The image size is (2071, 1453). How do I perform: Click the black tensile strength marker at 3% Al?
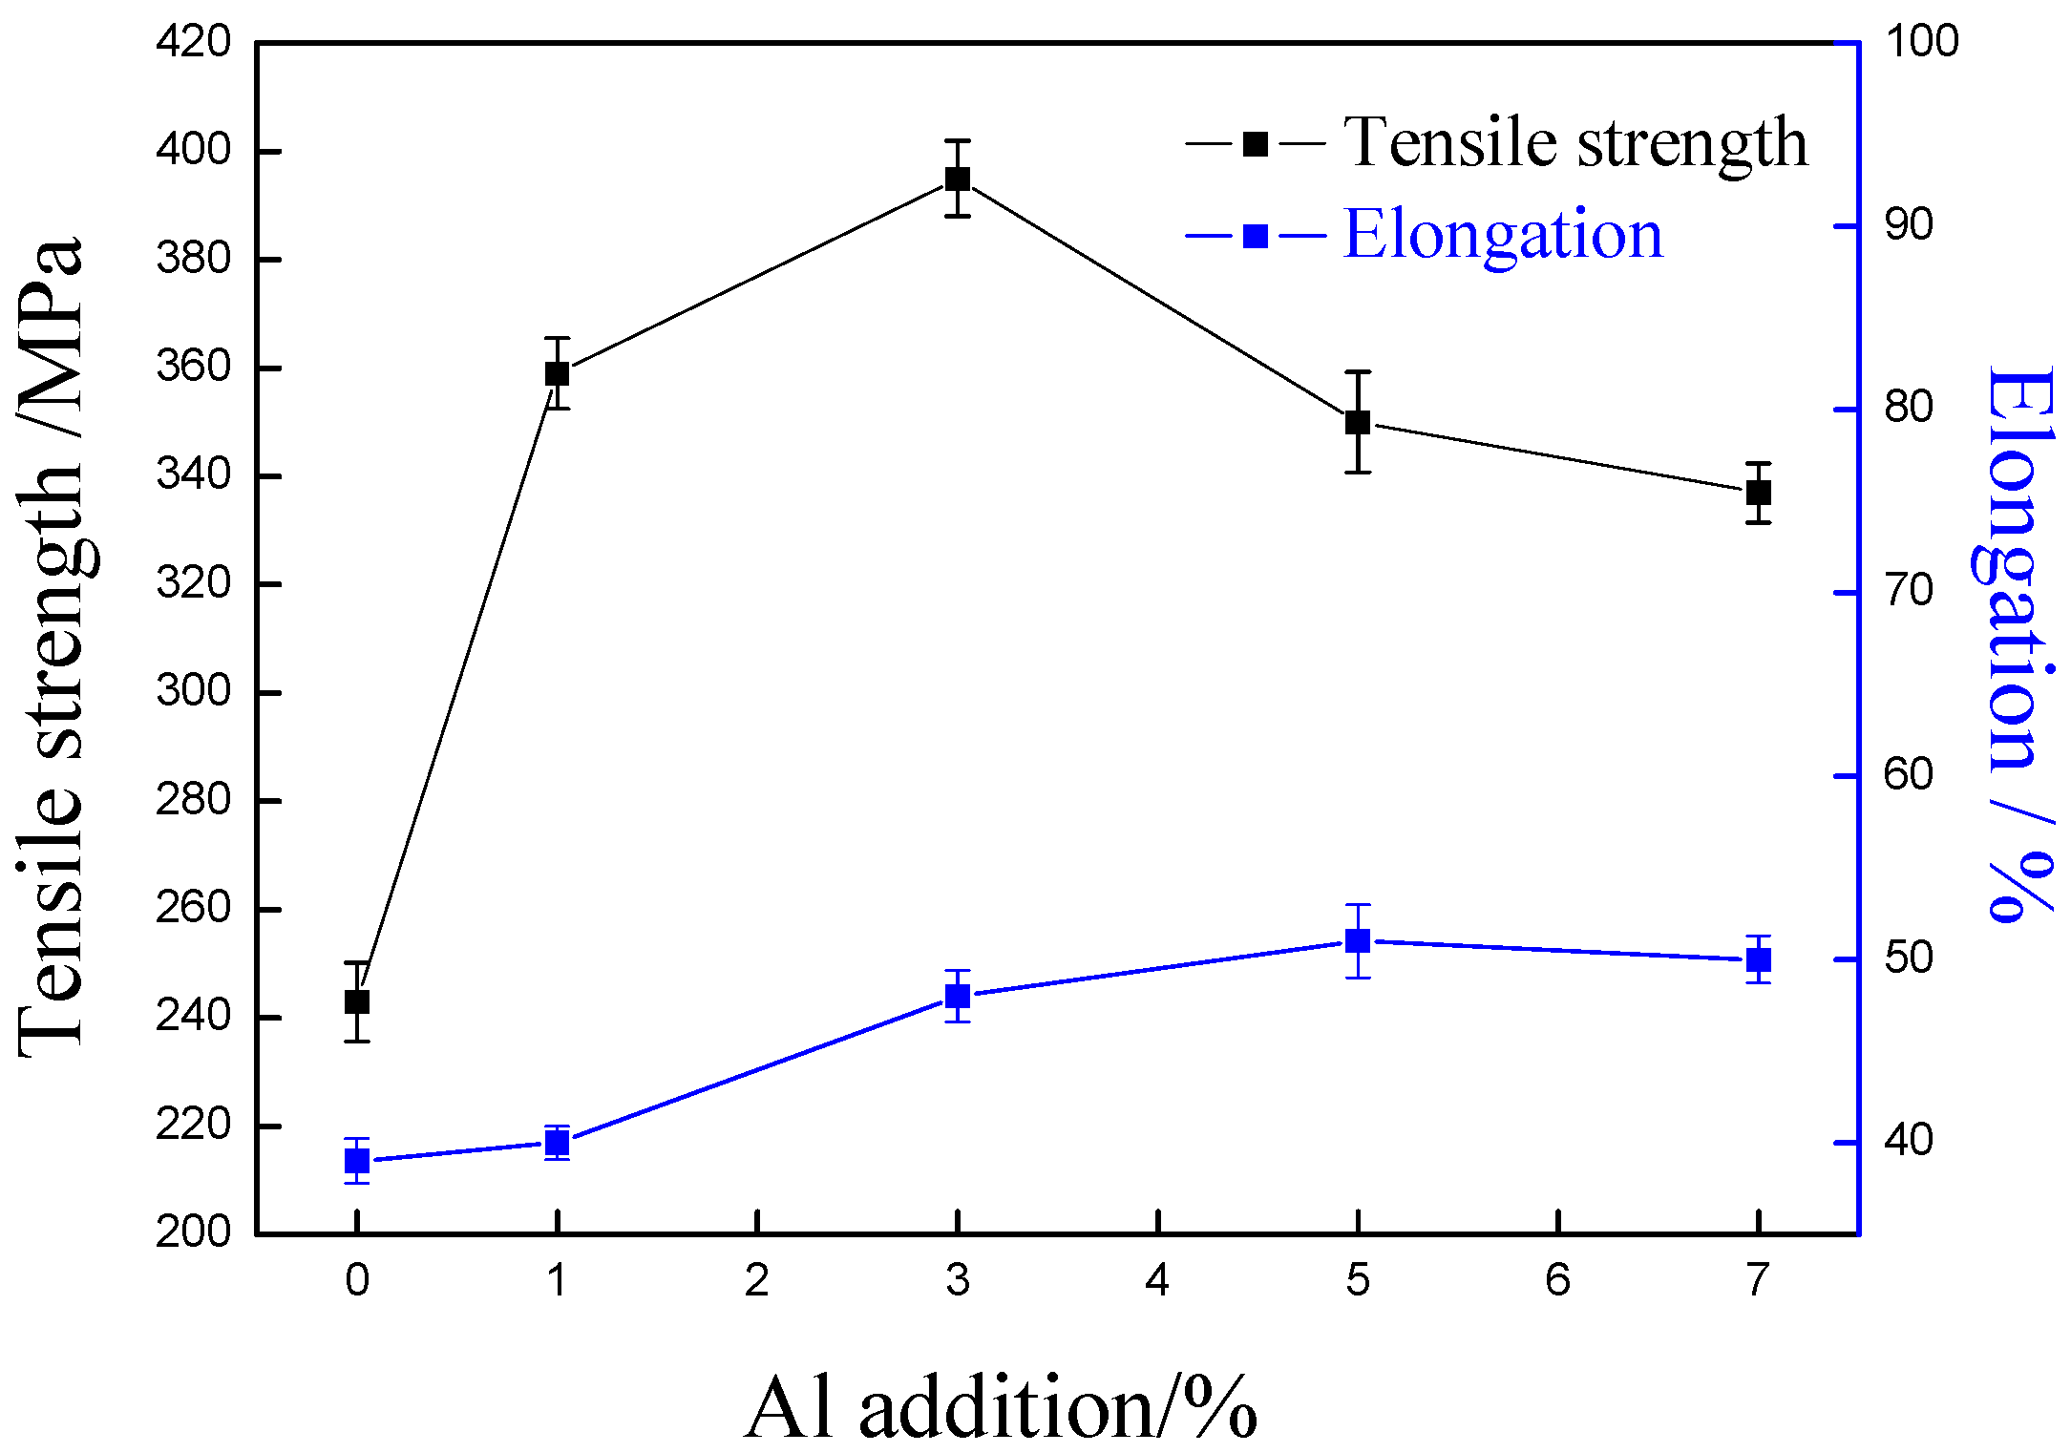pyautogui.click(x=958, y=179)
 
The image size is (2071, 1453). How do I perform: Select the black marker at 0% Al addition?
pyautogui.click(x=357, y=1001)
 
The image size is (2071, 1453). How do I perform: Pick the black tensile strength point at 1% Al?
pyautogui.click(x=558, y=373)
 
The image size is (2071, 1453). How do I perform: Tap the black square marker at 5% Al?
pyautogui.click(x=1358, y=422)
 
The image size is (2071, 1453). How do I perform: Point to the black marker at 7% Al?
pyautogui.click(x=1759, y=493)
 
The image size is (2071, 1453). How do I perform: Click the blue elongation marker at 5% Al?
pyautogui.click(x=1358, y=941)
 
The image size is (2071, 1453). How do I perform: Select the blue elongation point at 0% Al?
pyautogui.click(x=357, y=1161)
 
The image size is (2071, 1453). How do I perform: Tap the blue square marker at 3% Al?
pyautogui.click(x=958, y=996)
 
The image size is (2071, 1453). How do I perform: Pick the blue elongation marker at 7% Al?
pyautogui.click(x=1759, y=959)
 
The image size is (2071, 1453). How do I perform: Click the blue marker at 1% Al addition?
pyautogui.click(x=558, y=1142)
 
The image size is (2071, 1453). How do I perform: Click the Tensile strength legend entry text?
pyautogui.click(x=1575, y=143)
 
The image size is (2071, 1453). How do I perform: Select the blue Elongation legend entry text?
pyautogui.click(x=1503, y=235)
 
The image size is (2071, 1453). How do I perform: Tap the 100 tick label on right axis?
pyautogui.click(x=1921, y=41)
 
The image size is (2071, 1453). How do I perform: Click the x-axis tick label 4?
pyautogui.click(x=1157, y=1281)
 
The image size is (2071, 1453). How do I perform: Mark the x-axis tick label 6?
pyautogui.click(x=1557, y=1281)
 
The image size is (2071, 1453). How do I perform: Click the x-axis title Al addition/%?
pyautogui.click(x=1001, y=1409)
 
